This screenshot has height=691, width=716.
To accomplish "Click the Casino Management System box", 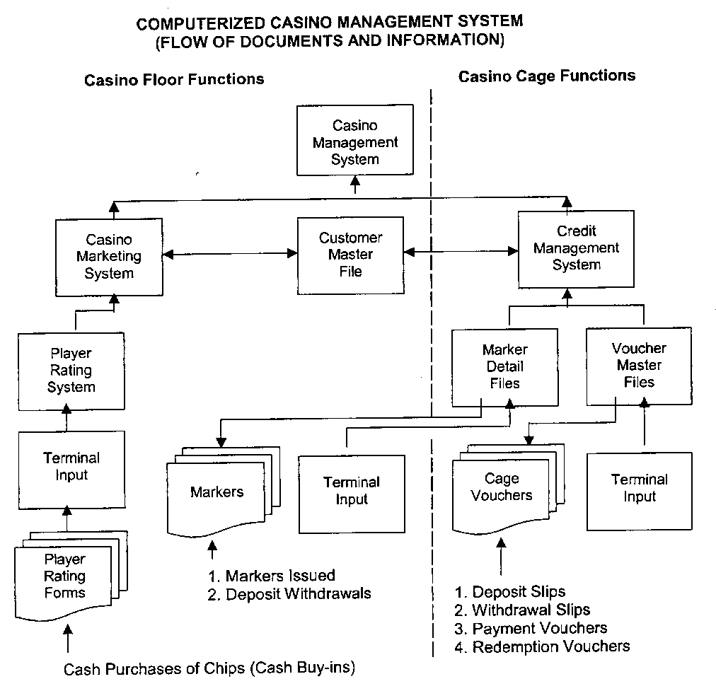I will [355, 141].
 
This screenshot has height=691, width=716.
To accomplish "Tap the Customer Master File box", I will [350, 254].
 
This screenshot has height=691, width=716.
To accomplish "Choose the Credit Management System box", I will [576, 248].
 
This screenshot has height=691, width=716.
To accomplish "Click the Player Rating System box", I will [71, 370].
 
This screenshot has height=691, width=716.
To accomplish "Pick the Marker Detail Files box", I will [504, 366].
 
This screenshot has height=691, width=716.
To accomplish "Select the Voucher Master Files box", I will [639, 365].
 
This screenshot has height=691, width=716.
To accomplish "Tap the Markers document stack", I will [216, 492].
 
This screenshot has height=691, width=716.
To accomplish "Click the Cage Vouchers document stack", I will [501, 488].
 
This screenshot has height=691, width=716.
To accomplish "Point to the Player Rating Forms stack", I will [64, 576].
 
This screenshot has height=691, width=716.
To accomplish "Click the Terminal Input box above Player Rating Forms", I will [71, 466].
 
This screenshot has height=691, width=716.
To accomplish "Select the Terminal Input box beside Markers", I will [352, 491].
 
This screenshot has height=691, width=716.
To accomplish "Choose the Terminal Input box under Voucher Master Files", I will [639, 488].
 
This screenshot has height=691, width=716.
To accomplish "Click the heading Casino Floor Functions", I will [174, 79].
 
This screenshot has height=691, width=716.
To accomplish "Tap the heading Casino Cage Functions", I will [547, 76].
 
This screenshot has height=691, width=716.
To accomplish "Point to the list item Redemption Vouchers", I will [550, 646].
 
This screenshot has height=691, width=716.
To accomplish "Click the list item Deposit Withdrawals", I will [298, 593].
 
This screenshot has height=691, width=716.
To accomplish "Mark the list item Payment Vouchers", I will [539, 628].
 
